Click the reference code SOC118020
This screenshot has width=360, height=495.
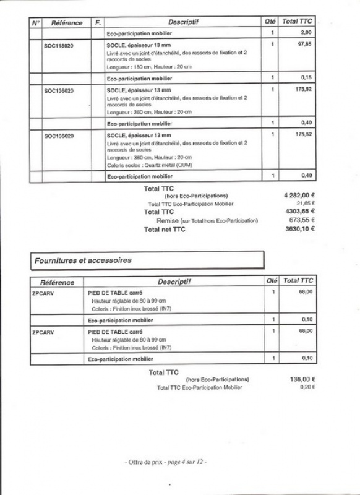59,46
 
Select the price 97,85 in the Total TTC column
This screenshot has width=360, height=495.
303,45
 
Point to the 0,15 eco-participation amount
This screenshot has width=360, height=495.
305,78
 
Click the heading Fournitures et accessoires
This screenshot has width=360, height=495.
84,260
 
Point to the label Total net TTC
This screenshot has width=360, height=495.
165,229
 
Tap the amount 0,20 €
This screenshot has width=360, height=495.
306,387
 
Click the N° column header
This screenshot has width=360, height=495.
36,22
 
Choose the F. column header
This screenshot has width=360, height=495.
97,22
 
